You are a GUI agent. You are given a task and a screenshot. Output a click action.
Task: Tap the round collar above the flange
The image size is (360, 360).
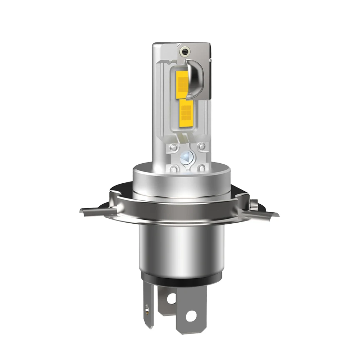click(181, 182)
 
